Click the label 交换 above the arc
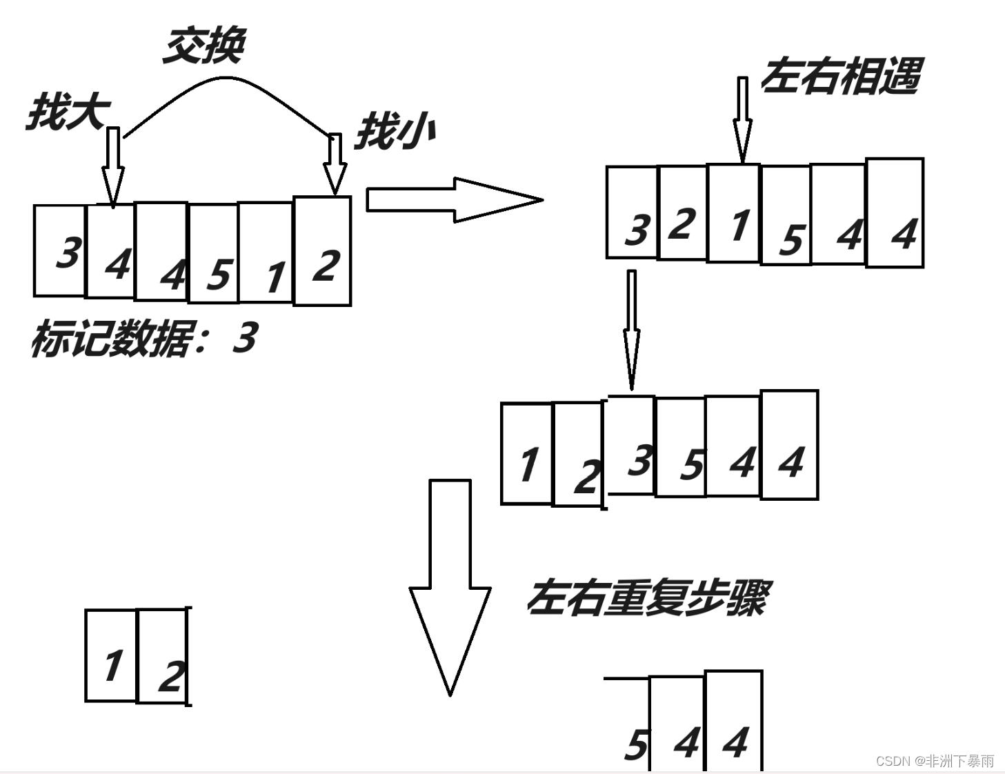pos(204,46)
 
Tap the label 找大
pos(68,112)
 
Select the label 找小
pos(395,131)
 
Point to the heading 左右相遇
pos(841,76)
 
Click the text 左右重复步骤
pos(647,597)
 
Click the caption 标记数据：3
pos(143,339)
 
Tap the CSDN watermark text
pos(935,761)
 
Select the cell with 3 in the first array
pos(60,251)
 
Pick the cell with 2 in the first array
pos(323,251)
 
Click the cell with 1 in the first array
pos(266,252)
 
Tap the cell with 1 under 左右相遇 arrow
pos(734,213)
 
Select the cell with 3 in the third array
pos(630,446)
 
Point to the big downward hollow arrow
pos(450,586)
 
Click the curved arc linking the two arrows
pos(228,82)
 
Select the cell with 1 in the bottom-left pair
pos(112,655)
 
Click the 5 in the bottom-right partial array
pos(636,745)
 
